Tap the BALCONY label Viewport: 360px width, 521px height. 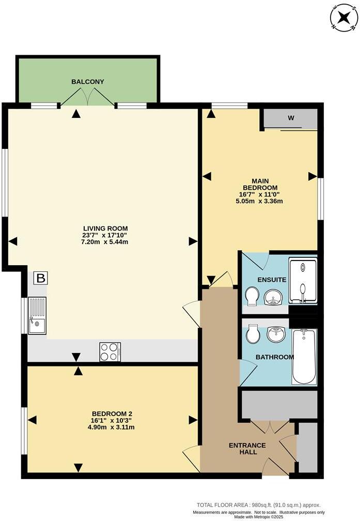click(x=88, y=82)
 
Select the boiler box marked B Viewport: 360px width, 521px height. click(x=41, y=279)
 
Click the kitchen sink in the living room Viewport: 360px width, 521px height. click(x=38, y=316)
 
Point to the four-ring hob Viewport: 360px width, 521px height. click(x=110, y=352)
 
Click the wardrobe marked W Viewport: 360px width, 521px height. click(x=290, y=118)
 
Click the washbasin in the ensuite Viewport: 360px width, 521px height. click(x=274, y=297)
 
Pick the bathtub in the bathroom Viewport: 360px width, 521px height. click(x=304, y=356)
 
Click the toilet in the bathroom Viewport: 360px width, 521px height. click(x=253, y=334)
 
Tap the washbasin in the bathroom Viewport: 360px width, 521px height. click(x=276, y=334)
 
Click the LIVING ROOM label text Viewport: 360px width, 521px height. click(x=105, y=228)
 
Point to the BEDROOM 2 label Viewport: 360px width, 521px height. click(x=112, y=413)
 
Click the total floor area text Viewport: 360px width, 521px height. click(x=258, y=505)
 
